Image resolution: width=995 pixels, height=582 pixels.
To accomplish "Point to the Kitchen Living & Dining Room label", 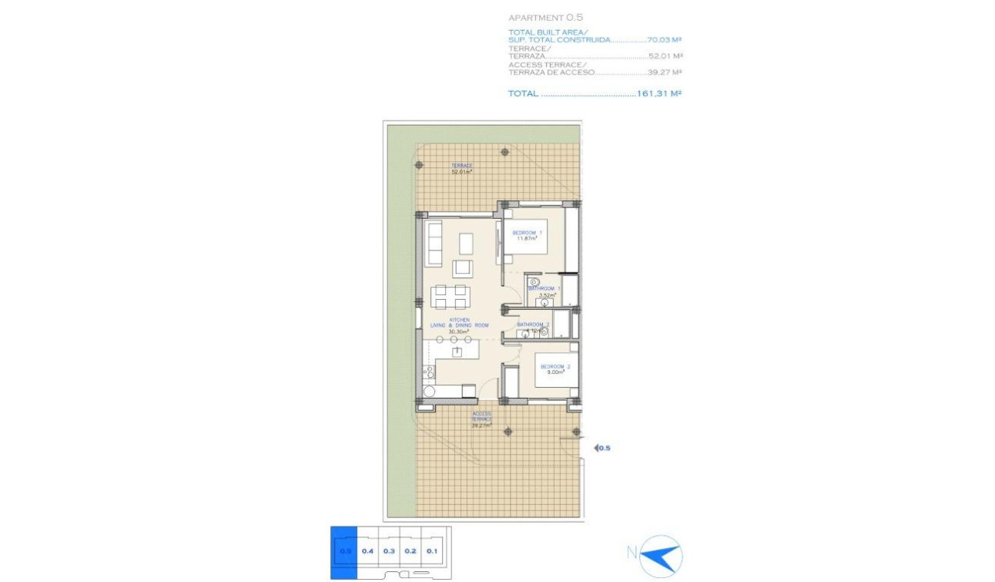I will (x=460, y=325).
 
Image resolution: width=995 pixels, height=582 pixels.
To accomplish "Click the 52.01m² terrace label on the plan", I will (x=462, y=169).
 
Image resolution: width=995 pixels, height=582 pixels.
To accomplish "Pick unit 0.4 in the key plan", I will (x=368, y=550).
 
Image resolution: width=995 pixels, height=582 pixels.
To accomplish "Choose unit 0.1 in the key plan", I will (x=432, y=550).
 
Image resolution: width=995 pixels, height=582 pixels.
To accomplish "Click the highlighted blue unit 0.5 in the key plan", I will (x=344, y=550).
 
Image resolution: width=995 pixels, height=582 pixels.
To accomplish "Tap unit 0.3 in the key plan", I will (x=389, y=550).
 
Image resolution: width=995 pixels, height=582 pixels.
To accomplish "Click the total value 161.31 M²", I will (x=659, y=93).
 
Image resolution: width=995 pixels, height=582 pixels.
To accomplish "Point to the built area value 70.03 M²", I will (x=666, y=39).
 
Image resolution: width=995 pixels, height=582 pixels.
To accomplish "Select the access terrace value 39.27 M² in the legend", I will (x=665, y=72).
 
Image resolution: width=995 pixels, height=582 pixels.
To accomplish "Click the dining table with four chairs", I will (x=450, y=297).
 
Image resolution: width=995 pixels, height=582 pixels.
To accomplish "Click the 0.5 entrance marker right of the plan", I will (x=602, y=447).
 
